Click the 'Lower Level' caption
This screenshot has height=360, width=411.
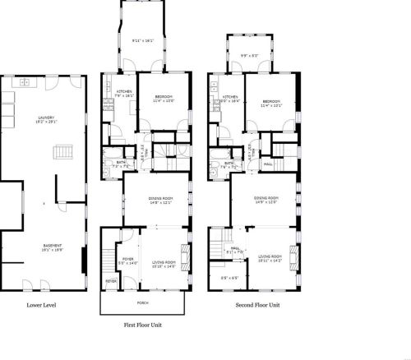pos(39,305)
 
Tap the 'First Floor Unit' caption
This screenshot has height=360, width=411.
pos(144,324)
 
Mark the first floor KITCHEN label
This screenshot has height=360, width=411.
pos(123,93)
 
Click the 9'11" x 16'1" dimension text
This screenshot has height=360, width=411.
pos(143,39)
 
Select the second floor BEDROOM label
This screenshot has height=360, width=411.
pos(270,102)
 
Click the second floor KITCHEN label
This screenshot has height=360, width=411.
pos(230,98)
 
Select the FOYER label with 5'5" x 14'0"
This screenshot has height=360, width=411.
pos(128,261)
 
